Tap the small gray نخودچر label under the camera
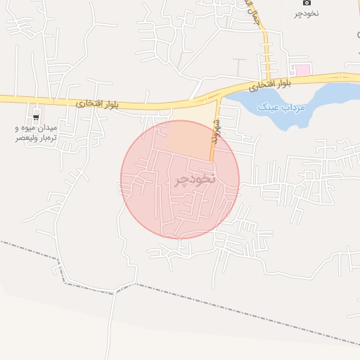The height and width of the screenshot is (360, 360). (306, 13)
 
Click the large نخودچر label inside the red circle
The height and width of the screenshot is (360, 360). (193, 179)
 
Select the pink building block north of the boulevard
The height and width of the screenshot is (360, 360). (302, 70)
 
